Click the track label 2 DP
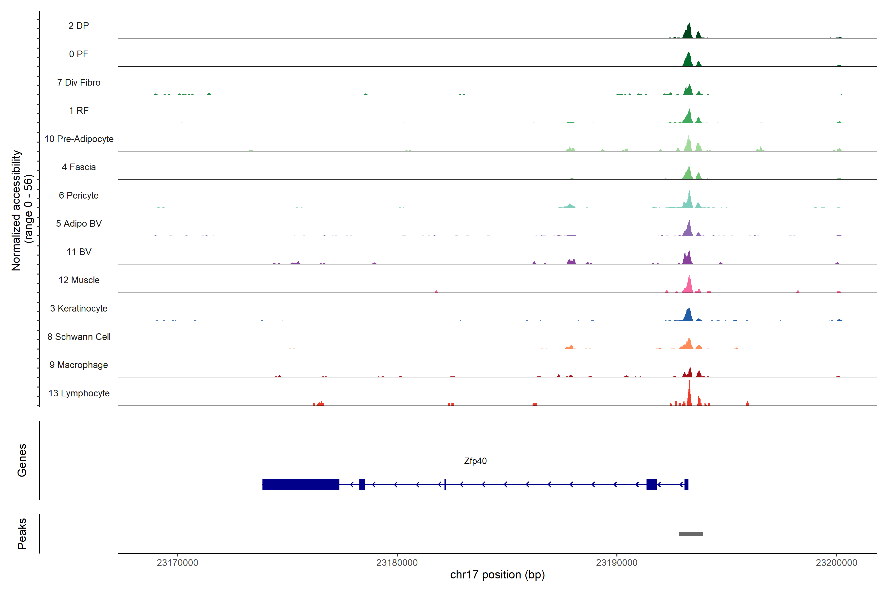tap(78, 26)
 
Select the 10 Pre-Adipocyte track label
tap(79, 139)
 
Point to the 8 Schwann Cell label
tap(79, 337)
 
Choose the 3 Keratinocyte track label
tap(79, 309)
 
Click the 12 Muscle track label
tap(79, 280)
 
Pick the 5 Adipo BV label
tap(79, 223)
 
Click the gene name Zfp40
tap(475, 461)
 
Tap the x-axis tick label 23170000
tap(177, 563)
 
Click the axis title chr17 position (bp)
tap(497, 575)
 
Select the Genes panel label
tap(22, 460)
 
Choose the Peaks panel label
tap(22, 534)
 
